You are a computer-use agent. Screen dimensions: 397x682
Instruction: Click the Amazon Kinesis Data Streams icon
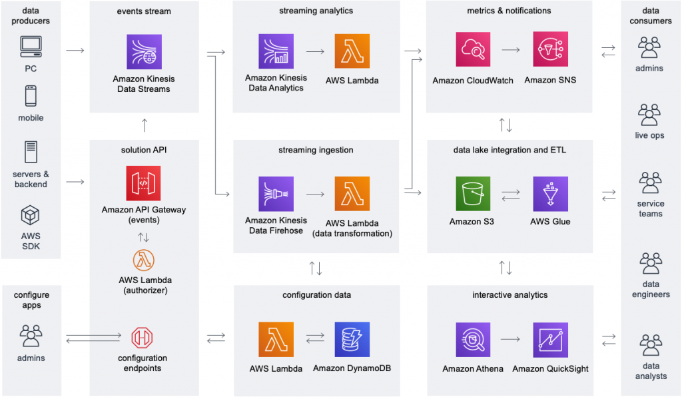tap(144, 51)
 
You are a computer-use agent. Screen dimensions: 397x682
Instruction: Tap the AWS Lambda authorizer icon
tap(144, 260)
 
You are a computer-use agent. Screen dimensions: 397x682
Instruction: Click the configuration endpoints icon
tap(144, 339)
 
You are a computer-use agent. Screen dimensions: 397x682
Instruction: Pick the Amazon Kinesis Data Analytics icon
tap(276, 51)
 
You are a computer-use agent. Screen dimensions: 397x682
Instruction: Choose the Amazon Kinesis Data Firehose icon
tap(276, 194)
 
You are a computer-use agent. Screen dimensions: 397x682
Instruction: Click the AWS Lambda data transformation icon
tap(352, 194)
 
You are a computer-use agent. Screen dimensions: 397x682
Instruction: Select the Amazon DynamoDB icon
tap(352, 340)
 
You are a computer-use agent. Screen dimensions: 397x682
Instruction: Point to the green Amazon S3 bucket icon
tap(473, 194)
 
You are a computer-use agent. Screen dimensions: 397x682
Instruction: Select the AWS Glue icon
tap(550, 194)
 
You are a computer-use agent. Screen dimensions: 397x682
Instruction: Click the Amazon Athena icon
tap(473, 340)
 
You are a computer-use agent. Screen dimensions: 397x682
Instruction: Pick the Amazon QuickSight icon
tap(550, 340)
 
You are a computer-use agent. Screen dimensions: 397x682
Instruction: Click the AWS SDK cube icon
tap(31, 216)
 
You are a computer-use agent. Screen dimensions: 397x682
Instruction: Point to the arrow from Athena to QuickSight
tap(511, 340)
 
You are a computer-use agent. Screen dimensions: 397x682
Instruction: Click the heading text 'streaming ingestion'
tap(316, 150)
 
